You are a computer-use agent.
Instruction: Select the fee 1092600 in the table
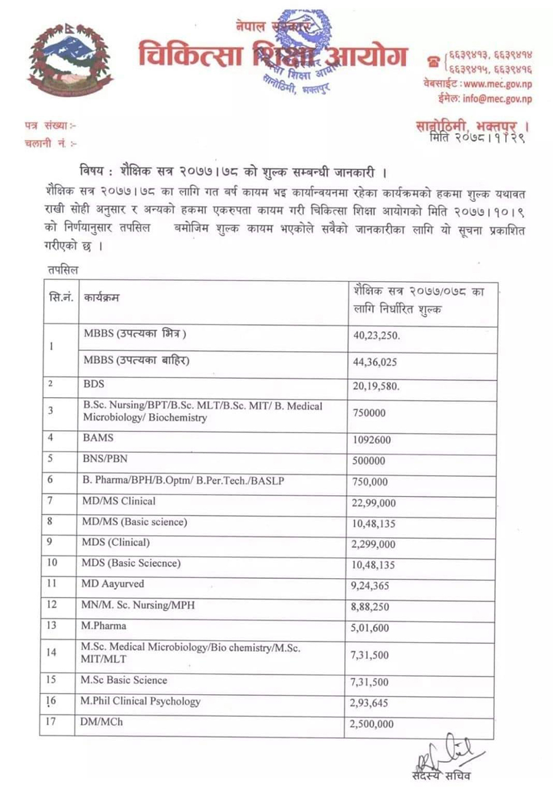click(372, 439)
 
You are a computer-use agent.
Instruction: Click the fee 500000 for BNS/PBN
click(369, 461)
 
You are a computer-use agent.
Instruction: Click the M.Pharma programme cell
click(104, 626)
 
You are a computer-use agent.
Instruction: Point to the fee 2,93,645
click(370, 703)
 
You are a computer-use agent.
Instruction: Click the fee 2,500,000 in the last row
click(373, 724)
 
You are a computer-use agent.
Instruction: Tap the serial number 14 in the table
click(52, 652)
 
